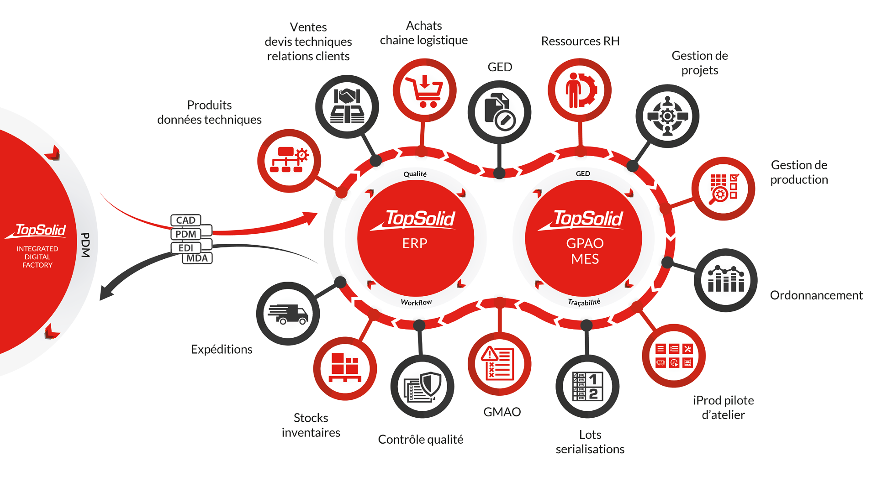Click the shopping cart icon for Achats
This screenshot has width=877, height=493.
pyautogui.click(x=425, y=90)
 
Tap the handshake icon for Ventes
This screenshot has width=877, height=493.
pyautogui.click(x=347, y=107)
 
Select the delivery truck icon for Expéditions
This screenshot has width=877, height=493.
pyautogui.click(x=288, y=314)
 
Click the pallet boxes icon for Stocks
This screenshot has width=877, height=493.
pyautogui.click(x=345, y=368)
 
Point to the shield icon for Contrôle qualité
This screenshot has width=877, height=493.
pyautogui.click(x=423, y=386)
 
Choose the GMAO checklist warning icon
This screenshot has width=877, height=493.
pyautogui.click(x=499, y=364)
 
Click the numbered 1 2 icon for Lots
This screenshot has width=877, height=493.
pyautogui.click(x=587, y=386)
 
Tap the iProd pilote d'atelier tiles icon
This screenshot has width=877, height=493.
pyautogui.click(x=674, y=356)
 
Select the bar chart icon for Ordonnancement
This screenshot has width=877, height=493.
pyautogui.click(x=726, y=280)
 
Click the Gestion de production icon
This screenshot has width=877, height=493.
pyautogui.click(x=724, y=189)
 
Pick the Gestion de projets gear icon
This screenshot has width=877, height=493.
pyautogui.click(x=667, y=116)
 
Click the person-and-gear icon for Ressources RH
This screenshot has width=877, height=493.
pyautogui.click(x=580, y=90)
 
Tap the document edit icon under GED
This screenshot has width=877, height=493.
pyautogui.click(x=499, y=112)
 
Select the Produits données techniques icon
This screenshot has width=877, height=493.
pyautogui.click(x=289, y=161)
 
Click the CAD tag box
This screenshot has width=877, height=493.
pyautogui.click(x=186, y=220)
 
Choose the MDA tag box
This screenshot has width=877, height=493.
pyautogui.click(x=197, y=258)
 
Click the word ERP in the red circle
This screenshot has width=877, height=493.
pyautogui.click(x=415, y=243)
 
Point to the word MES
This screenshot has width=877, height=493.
pyautogui.click(x=585, y=259)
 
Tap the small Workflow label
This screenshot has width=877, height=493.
pyautogui.click(x=416, y=302)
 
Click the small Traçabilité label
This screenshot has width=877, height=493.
pyautogui.click(x=584, y=302)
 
